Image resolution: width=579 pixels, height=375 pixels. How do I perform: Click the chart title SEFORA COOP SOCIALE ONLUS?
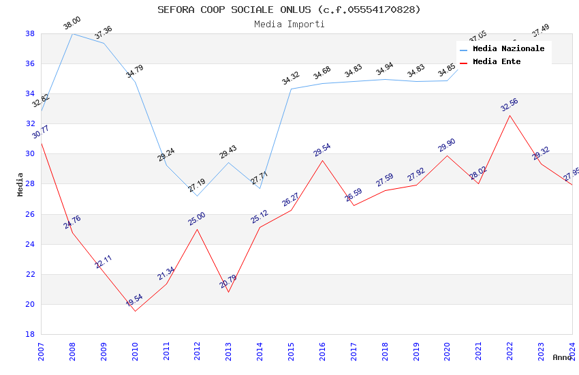coord(289,10)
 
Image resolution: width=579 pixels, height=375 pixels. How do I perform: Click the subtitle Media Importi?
coord(289,24)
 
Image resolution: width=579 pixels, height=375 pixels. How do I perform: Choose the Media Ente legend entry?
coord(497,61)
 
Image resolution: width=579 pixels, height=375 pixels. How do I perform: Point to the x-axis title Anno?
coord(562,357)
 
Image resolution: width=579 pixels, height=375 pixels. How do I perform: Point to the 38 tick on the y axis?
coord(30,33)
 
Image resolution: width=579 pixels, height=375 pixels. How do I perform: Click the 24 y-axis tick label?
coord(30,244)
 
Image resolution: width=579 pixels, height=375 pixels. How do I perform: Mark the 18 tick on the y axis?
coord(30,334)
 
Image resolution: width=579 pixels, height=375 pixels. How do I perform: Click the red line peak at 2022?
coord(510,115)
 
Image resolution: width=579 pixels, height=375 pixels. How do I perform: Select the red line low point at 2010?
coord(135,312)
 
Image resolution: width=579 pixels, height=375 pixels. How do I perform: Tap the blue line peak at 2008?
coord(72,33)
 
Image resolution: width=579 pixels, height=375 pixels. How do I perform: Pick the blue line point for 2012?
coord(197,196)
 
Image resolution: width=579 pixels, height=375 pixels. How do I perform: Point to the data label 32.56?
coord(509,105)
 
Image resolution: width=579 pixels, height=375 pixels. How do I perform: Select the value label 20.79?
coord(228,281)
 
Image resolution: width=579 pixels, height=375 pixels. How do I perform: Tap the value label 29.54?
coord(322,150)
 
